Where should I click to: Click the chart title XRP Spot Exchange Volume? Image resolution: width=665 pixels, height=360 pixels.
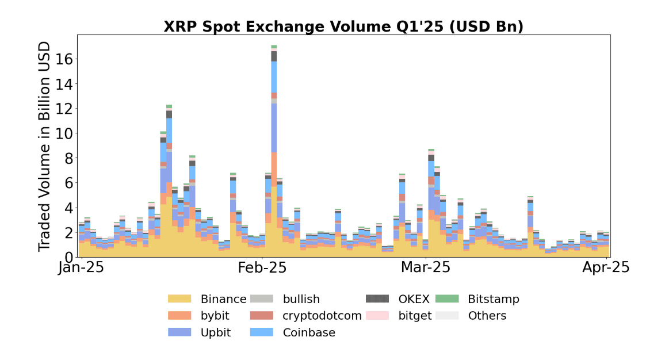coord(343,26)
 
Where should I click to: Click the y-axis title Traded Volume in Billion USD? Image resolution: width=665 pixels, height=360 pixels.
coord(44,146)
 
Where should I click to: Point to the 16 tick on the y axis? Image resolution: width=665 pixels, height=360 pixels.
coord(63,59)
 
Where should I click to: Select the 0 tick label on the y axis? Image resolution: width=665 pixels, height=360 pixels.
coord(67,256)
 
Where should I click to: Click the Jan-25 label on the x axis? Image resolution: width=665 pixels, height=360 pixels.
coord(82,268)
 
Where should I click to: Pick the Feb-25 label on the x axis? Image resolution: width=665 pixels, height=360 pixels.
coord(262,268)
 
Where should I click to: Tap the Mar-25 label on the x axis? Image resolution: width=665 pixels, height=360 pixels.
coord(425,268)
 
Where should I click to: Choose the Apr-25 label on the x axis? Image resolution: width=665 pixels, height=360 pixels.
coord(606,268)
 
